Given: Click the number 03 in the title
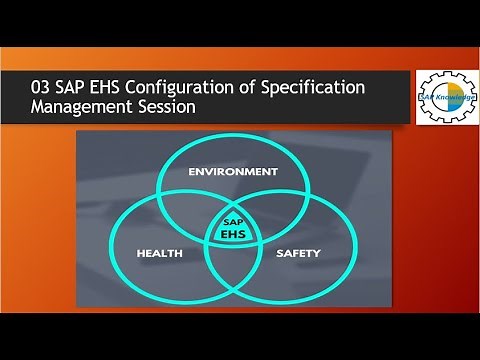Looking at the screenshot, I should [x=44, y=89].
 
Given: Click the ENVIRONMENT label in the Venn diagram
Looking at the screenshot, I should [x=233, y=172].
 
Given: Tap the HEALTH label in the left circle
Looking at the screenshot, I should [x=159, y=253].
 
